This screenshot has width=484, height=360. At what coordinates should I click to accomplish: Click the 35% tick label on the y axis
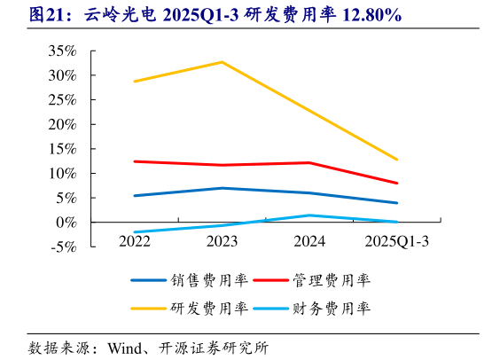point(62,51)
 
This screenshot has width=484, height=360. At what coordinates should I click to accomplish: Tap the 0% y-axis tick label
point(66,223)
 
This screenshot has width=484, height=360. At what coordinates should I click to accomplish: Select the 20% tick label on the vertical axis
point(62,124)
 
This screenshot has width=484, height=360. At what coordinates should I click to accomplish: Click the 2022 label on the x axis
point(134,239)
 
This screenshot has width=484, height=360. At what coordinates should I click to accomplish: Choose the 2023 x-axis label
point(222,239)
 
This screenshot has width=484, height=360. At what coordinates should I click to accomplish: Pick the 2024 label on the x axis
point(309,239)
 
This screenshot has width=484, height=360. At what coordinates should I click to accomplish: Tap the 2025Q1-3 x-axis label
point(397,239)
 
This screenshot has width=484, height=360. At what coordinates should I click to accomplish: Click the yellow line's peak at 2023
point(222,62)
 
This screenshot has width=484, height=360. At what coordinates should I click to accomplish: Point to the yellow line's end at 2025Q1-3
point(397,160)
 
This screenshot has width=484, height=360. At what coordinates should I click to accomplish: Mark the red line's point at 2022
point(134,161)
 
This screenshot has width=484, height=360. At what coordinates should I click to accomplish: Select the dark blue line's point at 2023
point(222,188)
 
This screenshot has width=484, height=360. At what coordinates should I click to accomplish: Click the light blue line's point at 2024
point(309,215)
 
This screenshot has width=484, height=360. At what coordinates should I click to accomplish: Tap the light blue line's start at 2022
point(134,231)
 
